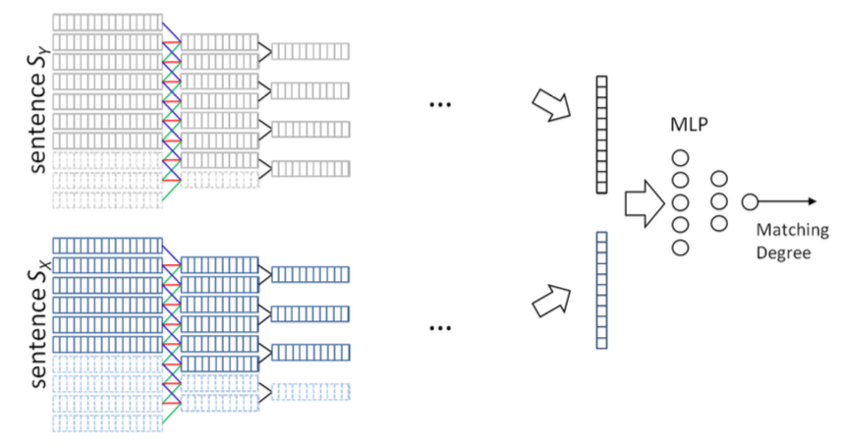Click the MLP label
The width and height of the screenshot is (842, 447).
689,125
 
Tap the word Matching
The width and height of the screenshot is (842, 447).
793,231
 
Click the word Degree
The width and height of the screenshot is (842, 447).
783,253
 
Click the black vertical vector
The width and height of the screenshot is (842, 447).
601,135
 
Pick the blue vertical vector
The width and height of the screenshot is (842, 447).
601,290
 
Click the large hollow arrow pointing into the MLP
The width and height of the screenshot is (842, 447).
645,203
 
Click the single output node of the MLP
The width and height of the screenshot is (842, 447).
750,202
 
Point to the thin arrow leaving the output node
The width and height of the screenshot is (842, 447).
787,201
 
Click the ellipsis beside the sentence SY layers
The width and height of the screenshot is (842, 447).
440,105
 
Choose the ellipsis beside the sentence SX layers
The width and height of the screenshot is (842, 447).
440,328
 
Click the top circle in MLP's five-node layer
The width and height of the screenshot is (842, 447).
680,158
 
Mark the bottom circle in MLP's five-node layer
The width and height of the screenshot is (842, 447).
680,248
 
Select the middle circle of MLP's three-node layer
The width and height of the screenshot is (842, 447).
719,201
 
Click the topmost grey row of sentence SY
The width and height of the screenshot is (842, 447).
107,22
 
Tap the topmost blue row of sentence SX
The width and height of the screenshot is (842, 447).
107,246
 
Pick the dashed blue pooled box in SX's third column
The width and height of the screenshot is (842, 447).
310,392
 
